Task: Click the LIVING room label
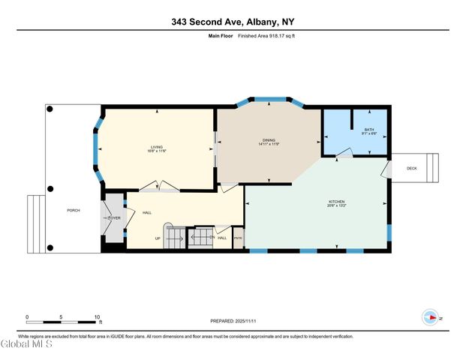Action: tap(156, 147)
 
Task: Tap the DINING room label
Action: tap(269, 140)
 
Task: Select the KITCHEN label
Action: tap(336, 202)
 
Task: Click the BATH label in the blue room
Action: tap(368, 130)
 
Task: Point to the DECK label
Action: tap(411, 168)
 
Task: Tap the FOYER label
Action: tap(114, 218)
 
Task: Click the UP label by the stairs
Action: tap(158, 238)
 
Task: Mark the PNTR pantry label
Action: tap(238, 238)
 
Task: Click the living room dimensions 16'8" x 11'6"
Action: tap(156, 151)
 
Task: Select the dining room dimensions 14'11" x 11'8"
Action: tap(269, 145)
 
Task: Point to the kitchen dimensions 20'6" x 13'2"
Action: tap(336, 206)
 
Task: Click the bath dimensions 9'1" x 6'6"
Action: tap(368, 134)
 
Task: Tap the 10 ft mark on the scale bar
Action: tap(97, 317)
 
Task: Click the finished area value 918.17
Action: tap(263, 35)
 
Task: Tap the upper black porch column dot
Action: tap(50, 109)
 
